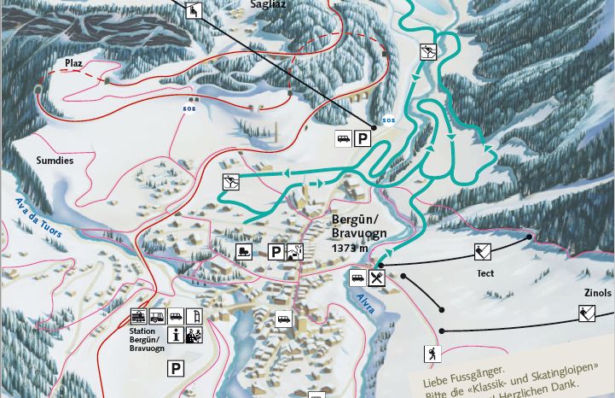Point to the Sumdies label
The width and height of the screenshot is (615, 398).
point(55,160)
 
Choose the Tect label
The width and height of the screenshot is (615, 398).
point(485,273)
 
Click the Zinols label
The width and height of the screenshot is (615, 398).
point(597,292)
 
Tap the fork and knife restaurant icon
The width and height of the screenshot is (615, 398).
point(378,278)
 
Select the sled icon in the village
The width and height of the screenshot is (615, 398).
point(244,252)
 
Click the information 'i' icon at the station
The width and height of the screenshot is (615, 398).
point(175,335)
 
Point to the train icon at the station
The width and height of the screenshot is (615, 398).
point(138,316)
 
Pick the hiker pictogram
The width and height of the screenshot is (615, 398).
point(431,354)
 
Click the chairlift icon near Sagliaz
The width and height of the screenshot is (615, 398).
point(194,11)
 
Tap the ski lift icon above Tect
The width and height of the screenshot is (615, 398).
point(483,251)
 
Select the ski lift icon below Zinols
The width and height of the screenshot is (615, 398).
point(587,313)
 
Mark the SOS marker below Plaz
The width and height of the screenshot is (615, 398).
point(189,109)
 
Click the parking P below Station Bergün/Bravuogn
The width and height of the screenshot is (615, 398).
point(175,369)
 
